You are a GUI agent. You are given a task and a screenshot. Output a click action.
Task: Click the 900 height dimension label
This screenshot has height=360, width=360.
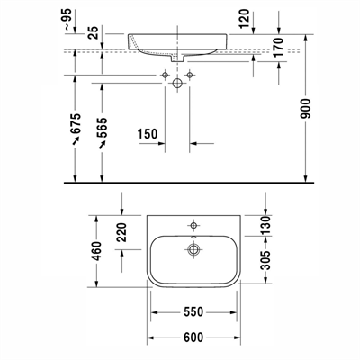tap(307, 108)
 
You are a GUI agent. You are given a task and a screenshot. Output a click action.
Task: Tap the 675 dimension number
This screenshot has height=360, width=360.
tap(76, 123)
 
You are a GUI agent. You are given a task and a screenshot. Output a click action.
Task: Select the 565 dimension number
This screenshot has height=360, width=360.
tap(102, 128)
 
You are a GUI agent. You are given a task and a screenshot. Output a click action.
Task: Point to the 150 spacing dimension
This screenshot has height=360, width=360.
tap(148, 134)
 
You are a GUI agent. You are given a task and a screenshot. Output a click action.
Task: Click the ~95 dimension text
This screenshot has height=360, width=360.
tap(67, 19)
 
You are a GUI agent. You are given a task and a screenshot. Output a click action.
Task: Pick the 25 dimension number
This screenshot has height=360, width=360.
tap(94, 32)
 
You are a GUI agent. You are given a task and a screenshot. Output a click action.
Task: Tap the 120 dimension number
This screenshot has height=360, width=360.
tap(245, 19)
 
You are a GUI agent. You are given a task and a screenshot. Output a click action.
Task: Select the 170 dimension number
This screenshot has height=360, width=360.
tap(278, 48)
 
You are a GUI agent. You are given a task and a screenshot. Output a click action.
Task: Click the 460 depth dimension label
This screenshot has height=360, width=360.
tap(97, 251)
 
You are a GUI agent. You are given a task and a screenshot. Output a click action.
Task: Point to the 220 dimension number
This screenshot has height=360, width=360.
tap(121, 232)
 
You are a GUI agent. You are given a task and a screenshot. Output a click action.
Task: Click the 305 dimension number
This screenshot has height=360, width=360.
tap(265, 260)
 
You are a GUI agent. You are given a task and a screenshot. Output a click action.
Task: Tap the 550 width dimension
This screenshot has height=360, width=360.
tap(193, 312)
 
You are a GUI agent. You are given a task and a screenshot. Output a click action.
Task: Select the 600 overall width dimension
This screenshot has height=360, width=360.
tap(193, 337)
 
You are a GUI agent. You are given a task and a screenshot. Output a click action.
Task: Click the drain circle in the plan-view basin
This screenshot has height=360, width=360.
tap(193, 249)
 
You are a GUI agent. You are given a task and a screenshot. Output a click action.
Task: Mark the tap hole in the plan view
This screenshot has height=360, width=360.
tap(193, 225)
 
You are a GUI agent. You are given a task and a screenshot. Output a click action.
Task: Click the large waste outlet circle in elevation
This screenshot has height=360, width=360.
tap(177, 83)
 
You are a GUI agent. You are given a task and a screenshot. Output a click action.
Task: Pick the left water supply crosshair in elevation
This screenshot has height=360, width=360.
tap(165, 75)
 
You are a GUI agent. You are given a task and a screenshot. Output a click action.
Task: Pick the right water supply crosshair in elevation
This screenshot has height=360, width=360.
tap(189, 75)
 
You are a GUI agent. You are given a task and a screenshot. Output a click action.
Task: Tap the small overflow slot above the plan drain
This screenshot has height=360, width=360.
tap(193, 238)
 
